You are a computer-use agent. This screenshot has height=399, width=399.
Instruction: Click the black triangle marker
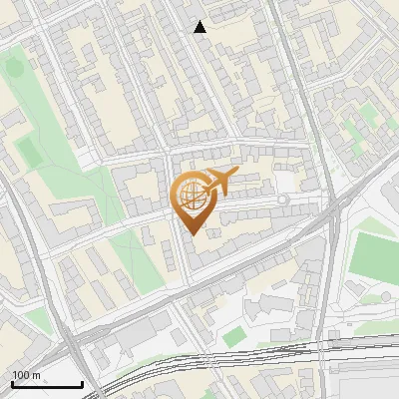200,27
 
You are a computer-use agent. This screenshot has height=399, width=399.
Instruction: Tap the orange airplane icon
220,183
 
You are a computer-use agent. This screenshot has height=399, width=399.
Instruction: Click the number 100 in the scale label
21,375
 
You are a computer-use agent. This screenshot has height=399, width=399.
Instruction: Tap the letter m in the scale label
36,375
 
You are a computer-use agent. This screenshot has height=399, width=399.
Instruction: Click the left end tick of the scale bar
12,383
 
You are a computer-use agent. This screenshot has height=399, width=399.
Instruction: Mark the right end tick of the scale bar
82,383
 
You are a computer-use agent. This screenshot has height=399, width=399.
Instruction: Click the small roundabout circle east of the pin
283,200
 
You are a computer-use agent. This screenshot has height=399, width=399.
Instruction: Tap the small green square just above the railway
233,338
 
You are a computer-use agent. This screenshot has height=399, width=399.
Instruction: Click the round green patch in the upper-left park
14,68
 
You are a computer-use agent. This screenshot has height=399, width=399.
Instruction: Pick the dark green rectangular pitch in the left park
30,153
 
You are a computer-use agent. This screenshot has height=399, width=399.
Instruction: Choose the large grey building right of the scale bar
140,339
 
